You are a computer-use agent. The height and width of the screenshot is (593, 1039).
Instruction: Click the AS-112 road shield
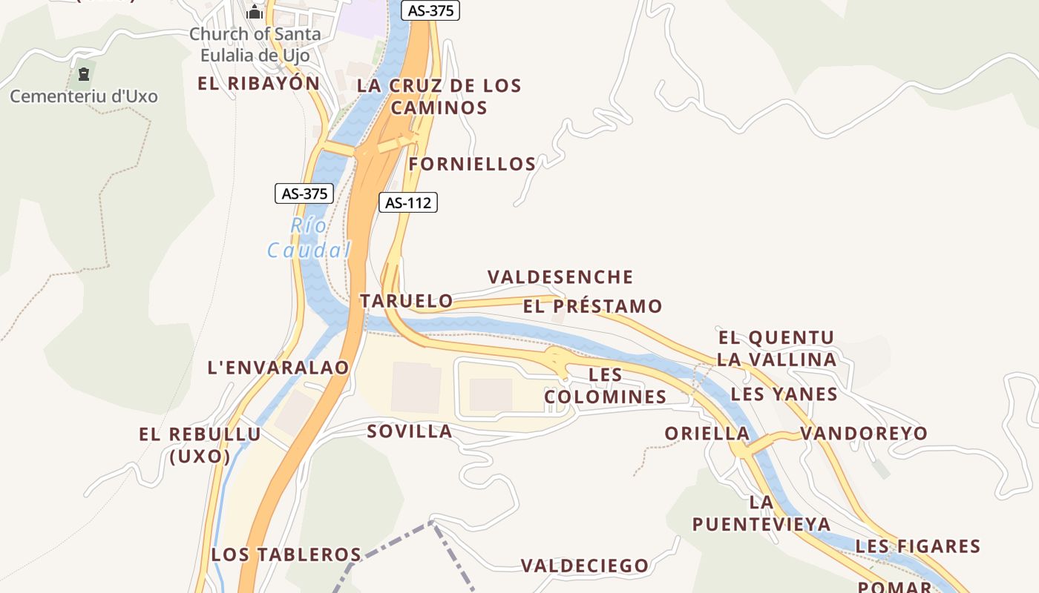click(x=408, y=202)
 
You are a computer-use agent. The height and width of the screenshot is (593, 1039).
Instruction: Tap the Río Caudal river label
click(x=308, y=238)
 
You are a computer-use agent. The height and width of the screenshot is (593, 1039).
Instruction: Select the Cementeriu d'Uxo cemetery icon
click(x=83, y=74)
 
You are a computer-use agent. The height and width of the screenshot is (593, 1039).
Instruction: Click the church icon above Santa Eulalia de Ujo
click(x=255, y=12)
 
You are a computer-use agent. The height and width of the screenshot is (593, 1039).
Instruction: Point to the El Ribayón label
click(x=258, y=83)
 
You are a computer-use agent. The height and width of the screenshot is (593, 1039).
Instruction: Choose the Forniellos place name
click(x=472, y=164)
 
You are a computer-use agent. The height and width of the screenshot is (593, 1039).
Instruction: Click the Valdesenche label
click(x=560, y=277)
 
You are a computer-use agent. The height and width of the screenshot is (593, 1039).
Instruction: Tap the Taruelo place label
click(x=406, y=300)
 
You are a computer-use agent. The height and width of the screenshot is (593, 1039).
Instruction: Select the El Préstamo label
click(x=592, y=306)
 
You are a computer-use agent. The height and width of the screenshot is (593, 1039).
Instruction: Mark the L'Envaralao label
click(x=278, y=367)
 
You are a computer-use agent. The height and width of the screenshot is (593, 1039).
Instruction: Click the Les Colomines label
click(x=606, y=385)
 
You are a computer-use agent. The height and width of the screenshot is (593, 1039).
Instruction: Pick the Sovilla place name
click(x=409, y=431)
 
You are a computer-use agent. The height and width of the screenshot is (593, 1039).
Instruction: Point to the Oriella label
click(x=707, y=433)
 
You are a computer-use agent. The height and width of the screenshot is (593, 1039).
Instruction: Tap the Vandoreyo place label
click(x=864, y=433)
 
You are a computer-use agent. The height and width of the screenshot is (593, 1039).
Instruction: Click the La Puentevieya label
click(x=761, y=513)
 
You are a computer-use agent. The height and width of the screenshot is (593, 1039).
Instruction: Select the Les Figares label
click(x=918, y=546)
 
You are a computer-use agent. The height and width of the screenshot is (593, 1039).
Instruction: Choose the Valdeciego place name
click(x=585, y=566)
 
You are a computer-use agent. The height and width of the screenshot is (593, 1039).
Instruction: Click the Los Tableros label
click(x=286, y=554)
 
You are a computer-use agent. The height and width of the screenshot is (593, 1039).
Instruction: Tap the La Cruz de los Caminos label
click(x=439, y=96)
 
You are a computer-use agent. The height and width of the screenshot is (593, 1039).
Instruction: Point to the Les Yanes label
click(x=784, y=394)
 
